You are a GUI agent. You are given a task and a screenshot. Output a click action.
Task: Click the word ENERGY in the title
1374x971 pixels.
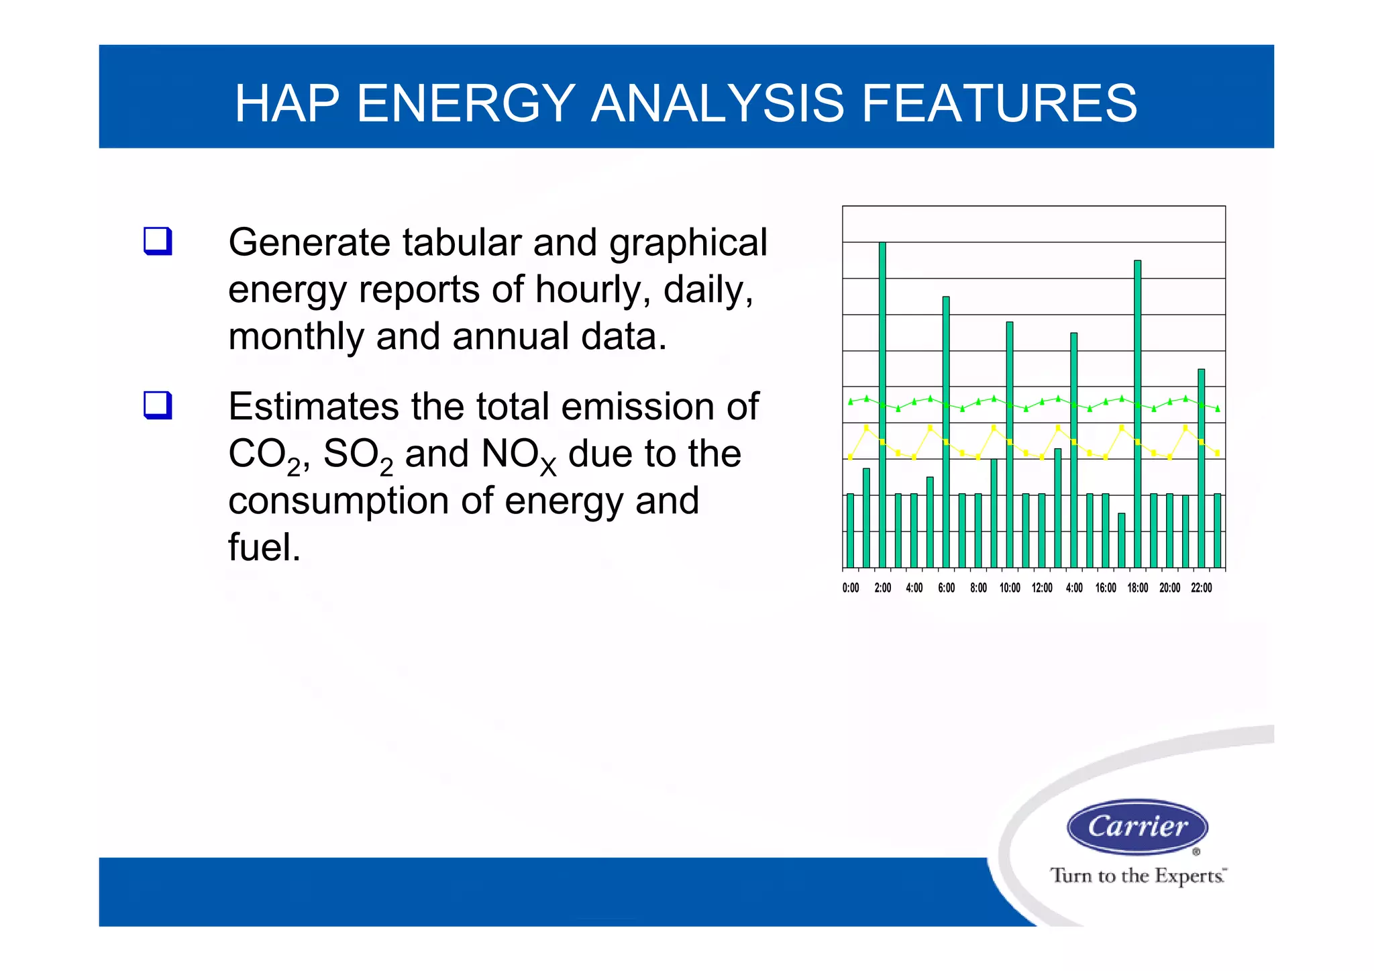[466, 103]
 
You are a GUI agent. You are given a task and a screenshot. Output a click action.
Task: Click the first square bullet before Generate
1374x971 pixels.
[158, 241]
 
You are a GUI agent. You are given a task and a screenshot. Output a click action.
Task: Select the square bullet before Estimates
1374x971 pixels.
[158, 405]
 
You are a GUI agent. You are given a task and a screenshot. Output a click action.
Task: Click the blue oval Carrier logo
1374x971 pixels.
[1137, 827]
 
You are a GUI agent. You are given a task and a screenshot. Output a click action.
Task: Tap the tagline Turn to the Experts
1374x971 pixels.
[1137, 876]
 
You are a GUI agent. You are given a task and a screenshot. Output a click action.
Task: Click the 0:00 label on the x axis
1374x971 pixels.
[850, 588]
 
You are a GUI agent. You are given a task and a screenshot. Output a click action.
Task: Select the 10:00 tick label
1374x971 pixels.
[1010, 588]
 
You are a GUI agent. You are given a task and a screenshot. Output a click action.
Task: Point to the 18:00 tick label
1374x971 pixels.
[1137, 588]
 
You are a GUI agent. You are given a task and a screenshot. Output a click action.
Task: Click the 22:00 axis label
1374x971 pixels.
[1201, 588]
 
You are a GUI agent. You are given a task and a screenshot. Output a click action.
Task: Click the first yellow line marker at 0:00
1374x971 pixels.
[850, 458]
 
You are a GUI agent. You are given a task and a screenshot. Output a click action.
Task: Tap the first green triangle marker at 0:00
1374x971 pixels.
[850, 402]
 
